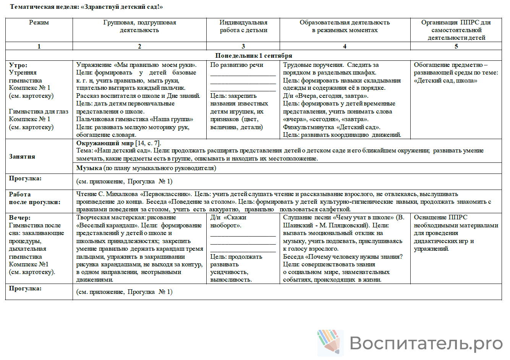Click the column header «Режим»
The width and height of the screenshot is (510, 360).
[39, 23]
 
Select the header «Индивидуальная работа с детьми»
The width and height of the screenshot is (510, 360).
[243, 26]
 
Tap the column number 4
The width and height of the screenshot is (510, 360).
[345, 46]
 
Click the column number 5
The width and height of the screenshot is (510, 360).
[456, 46]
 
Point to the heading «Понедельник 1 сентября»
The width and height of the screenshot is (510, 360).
[254, 56]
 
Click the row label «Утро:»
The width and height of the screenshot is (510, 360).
[18, 65]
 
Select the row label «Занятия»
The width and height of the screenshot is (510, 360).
[22, 157]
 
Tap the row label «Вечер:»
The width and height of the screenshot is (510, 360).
[20, 217]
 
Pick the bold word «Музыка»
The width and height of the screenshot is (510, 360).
[89, 168]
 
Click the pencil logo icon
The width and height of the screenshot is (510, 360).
[329, 342]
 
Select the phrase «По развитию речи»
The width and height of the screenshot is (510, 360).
[236, 65]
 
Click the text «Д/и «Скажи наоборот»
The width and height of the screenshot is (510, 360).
[228, 221]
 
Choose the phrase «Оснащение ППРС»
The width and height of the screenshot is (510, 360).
[440, 217]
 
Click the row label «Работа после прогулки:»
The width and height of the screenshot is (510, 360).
[35, 198]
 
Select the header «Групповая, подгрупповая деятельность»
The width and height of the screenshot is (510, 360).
[139, 26]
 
